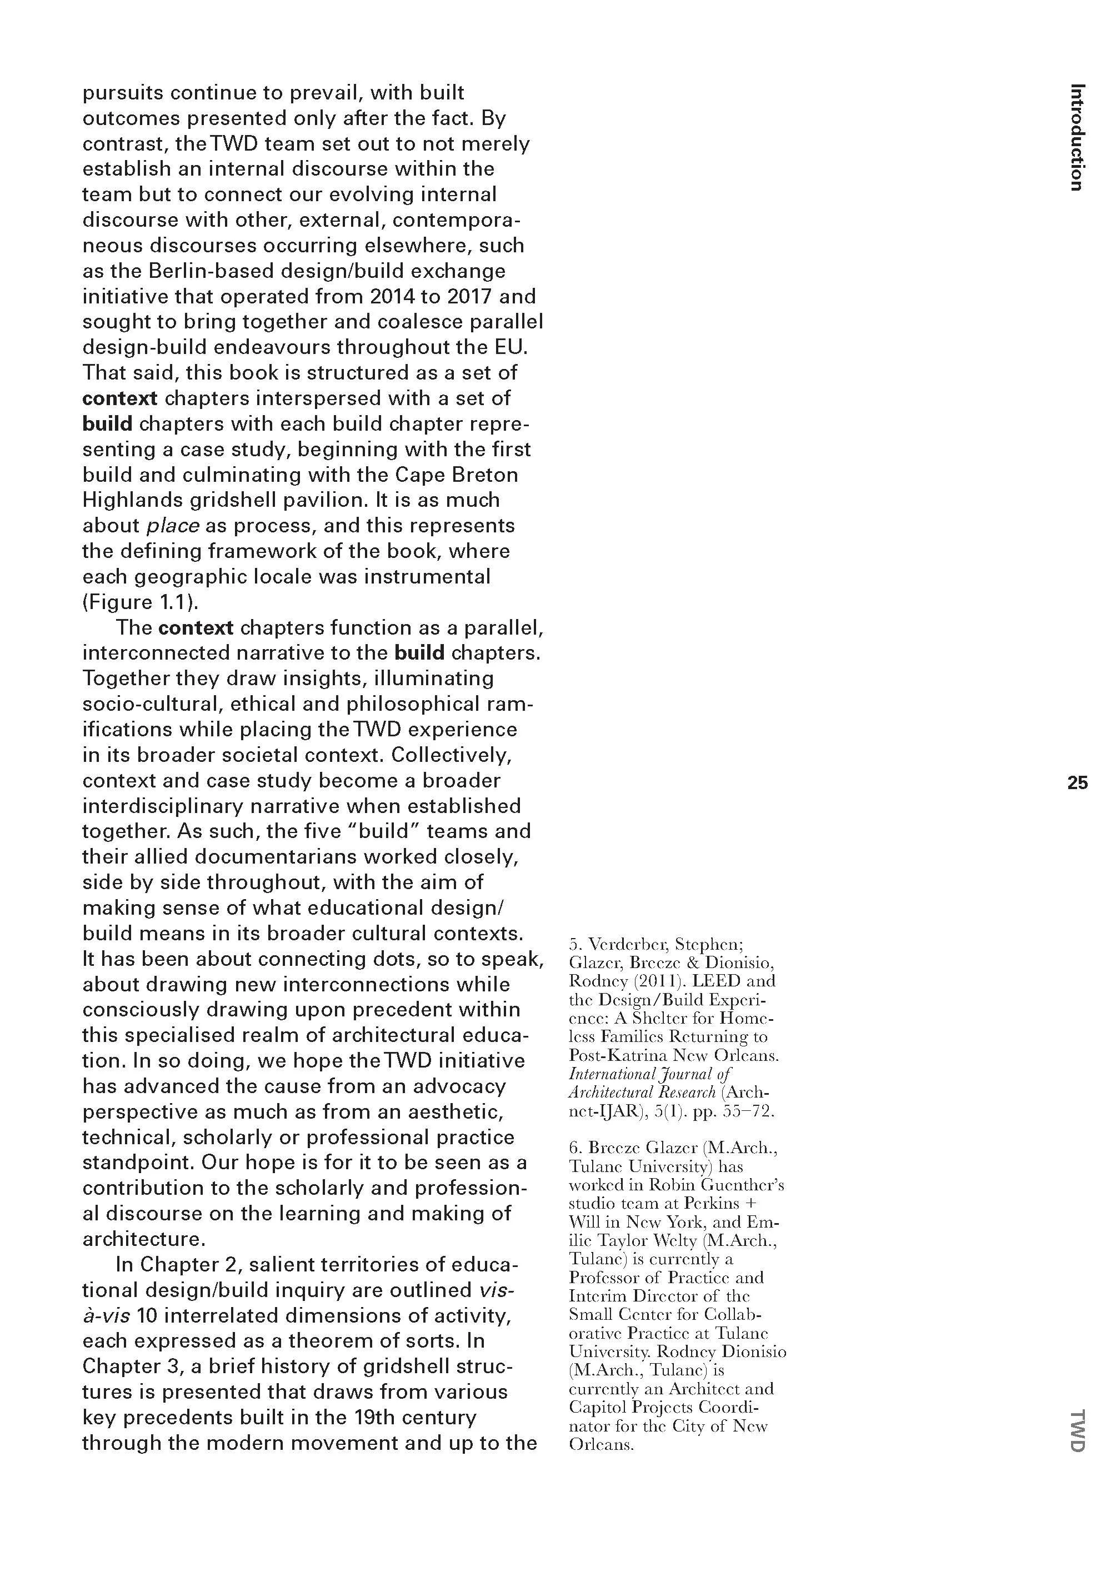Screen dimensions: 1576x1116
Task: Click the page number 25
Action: point(1077,783)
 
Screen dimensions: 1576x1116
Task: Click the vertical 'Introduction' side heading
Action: point(1077,137)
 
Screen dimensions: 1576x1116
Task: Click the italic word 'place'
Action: point(173,525)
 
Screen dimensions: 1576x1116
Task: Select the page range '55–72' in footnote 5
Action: point(748,1111)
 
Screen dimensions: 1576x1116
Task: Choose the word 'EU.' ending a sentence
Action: point(510,347)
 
